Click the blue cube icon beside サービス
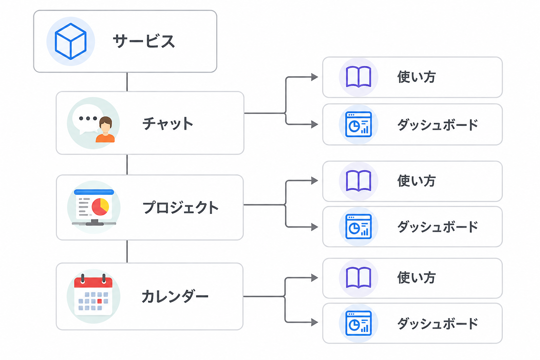tap(71, 41)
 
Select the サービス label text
tap(144, 41)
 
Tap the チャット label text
tap(168, 123)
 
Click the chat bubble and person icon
tap(93, 123)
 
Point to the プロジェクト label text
tap(180, 207)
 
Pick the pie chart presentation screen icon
tap(94, 207)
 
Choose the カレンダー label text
tap(175, 296)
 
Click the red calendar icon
tap(93, 296)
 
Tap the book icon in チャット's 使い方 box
tap(359, 77)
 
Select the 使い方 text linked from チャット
tap(416, 77)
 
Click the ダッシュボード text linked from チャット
tap(438, 124)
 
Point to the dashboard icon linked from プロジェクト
tap(359, 226)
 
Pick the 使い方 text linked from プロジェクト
tap(416, 181)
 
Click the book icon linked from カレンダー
tap(359, 278)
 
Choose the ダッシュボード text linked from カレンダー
tap(438, 323)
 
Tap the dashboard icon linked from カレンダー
tap(359, 323)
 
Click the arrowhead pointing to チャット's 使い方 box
tap(314, 77)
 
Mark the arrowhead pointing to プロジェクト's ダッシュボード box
tap(314, 227)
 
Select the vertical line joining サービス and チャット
tap(127, 82)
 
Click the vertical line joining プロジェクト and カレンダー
tap(127, 251)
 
